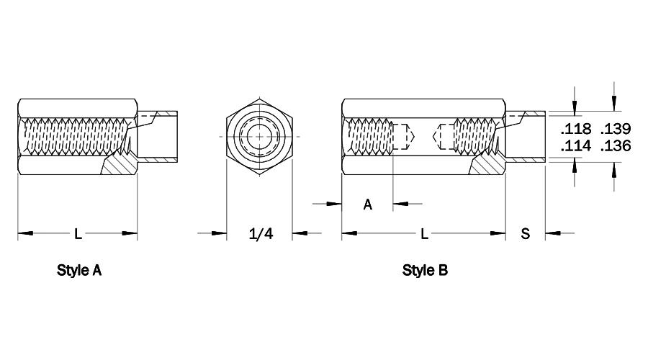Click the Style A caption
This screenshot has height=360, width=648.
click(79, 270)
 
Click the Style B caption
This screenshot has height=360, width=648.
click(425, 270)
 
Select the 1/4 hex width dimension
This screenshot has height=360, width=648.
click(261, 234)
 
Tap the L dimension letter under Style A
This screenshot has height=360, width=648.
click(78, 234)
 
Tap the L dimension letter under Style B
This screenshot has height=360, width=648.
click(424, 234)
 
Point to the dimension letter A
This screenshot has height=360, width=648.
click(367, 204)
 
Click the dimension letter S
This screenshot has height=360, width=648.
click(526, 234)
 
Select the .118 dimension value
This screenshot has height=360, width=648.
click(576, 129)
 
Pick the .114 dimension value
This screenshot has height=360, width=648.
click(576, 146)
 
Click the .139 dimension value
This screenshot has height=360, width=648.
click(616, 129)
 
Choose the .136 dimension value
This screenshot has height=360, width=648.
click(616, 146)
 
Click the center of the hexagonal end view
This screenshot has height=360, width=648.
click(259, 137)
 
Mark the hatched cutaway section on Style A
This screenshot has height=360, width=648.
click(120, 166)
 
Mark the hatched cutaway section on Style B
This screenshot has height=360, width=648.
click(488, 166)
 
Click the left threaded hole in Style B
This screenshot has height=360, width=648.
click(370, 136)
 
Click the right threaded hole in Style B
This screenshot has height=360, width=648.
click(475, 136)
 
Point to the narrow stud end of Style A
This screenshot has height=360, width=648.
click(158, 136)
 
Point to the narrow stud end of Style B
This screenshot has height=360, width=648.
click(526, 136)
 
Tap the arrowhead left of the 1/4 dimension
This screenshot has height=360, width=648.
click(219, 233)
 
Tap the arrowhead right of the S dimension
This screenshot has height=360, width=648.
click(553, 233)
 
